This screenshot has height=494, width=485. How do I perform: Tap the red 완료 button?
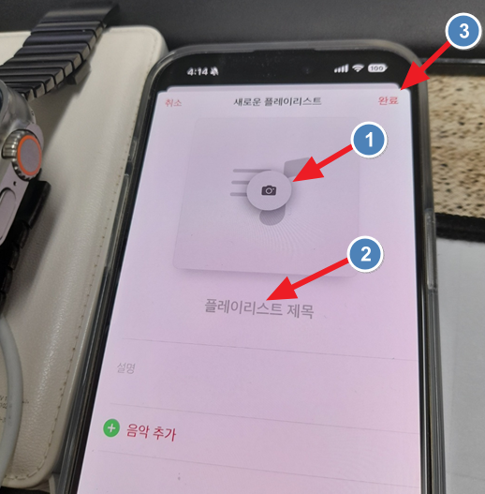[x=388, y=100]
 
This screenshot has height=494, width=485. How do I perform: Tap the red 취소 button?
[x=173, y=103]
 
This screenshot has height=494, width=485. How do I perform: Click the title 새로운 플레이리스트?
[x=277, y=101]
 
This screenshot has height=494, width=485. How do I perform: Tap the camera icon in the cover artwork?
[x=269, y=190]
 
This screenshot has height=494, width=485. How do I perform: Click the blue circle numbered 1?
[x=369, y=140]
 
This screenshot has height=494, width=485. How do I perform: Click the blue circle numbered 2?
[x=365, y=254]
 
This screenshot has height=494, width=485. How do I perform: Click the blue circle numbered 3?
[x=463, y=31]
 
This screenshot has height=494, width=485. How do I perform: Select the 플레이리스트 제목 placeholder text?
[x=259, y=308]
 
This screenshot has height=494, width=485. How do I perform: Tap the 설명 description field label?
[x=125, y=367]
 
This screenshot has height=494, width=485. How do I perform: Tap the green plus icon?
[x=111, y=428]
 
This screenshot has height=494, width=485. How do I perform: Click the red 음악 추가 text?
[x=151, y=432]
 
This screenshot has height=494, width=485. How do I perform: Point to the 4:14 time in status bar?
[x=198, y=72]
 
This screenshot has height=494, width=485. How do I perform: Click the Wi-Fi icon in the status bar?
[x=358, y=67]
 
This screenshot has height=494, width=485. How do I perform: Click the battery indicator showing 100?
[x=376, y=68]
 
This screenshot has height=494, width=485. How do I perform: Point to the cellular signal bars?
[x=341, y=68]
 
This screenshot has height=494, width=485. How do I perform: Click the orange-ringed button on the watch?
[x=29, y=156]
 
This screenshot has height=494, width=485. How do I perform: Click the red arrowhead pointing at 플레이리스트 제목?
[x=281, y=290]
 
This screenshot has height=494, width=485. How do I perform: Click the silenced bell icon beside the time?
[x=214, y=72]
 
